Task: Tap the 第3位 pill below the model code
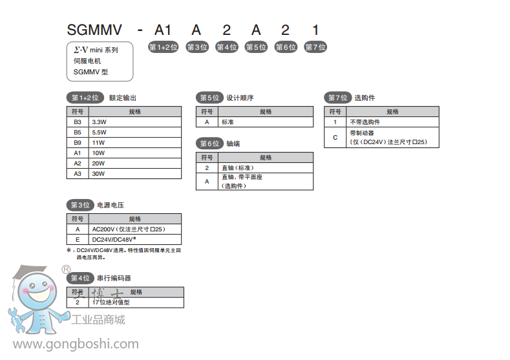coord(197,47)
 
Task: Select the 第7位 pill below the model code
coord(315,47)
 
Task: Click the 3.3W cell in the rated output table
coord(135,122)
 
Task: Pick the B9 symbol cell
coord(78,142)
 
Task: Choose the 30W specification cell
coord(135,173)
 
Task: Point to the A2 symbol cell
coord(78,163)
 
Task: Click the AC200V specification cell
coord(135,229)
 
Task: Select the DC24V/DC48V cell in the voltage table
coord(135,239)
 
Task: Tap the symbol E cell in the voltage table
coord(78,239)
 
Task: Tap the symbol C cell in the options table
coord(335,137)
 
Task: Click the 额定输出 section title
coord(123,98)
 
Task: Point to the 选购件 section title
coord(365,98)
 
